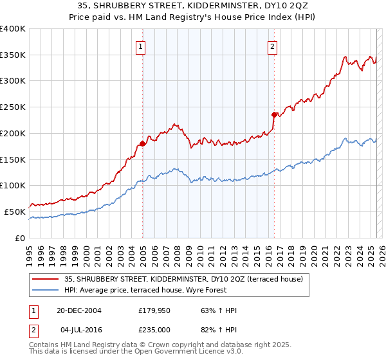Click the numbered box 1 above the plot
coord(140,46)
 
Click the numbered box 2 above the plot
coord(273,46)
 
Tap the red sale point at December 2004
coord(142,143)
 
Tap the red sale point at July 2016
coord(274,115)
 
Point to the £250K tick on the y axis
coord(13,107)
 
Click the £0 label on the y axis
coord(19,238)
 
